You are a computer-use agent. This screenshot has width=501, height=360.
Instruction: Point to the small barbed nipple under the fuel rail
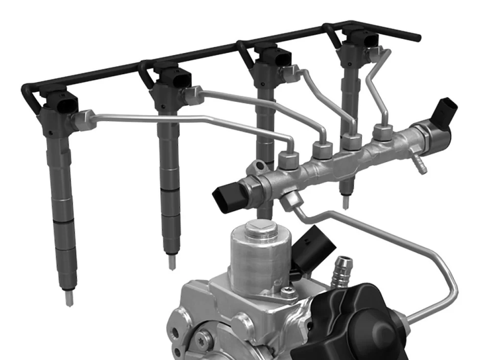(418, 164)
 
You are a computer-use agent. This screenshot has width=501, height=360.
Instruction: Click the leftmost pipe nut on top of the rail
(288, 160)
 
